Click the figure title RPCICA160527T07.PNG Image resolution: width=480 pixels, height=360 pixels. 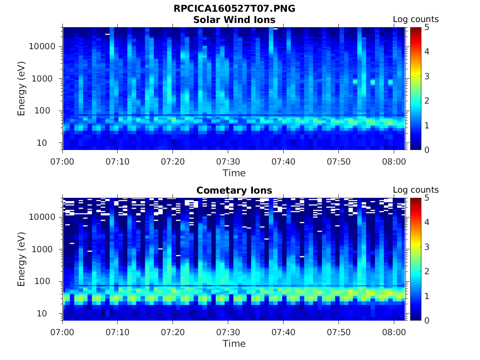coord(234,9)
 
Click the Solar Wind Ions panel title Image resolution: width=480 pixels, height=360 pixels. coord(234,20)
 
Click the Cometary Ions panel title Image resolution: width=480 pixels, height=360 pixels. coord(234,190)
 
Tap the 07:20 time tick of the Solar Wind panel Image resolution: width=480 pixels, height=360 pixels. coord(173,161)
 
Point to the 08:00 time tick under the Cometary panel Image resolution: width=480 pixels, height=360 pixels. coord(394,332)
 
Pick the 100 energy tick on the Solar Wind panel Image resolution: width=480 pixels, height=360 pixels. coord(48,111)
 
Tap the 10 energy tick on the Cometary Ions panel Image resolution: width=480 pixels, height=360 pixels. coord(51,313)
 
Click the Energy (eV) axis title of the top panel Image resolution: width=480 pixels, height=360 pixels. coord(22,89)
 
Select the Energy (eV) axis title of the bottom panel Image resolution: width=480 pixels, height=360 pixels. coord(22,259)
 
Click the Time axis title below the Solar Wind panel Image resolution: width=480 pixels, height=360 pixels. coord(234,173)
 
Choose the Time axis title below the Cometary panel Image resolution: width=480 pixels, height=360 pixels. coord(234,344)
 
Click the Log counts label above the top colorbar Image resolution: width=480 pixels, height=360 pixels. coord(415,19)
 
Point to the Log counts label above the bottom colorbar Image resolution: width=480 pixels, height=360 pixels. coord(415,190)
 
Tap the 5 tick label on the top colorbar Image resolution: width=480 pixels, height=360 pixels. coord(427,27)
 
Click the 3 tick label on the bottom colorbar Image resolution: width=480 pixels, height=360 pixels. coord(427,247)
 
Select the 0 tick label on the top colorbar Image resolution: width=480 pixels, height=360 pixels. coord(427,150)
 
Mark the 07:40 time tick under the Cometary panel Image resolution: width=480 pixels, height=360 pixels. coord(283,332)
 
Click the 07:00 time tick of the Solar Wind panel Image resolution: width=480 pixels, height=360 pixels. coord(63,161)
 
